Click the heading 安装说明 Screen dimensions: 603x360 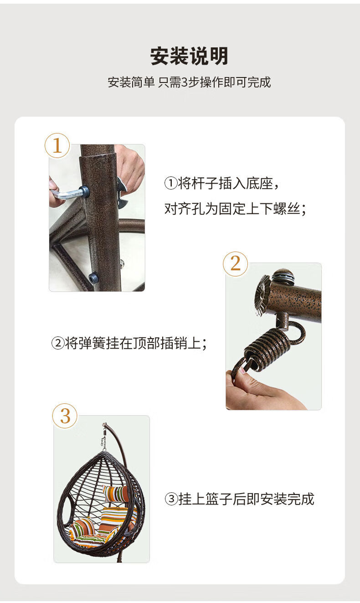[189, 57]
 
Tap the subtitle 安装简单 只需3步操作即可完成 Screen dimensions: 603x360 [189, 82]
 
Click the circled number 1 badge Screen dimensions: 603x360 [57, 146]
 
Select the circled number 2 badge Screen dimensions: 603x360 [235, 264]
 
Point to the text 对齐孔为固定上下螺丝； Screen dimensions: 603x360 [235, 209]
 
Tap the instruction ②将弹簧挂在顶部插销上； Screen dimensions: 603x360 [129, 343]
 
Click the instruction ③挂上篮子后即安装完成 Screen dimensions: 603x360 [239, 499]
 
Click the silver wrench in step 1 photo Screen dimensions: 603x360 [66, 194]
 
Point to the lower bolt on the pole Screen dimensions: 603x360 [94, 278]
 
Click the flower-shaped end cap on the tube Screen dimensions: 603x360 [262, 294]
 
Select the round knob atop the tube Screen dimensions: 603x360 [283, 276]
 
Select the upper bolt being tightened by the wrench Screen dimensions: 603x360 [84, 191]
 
